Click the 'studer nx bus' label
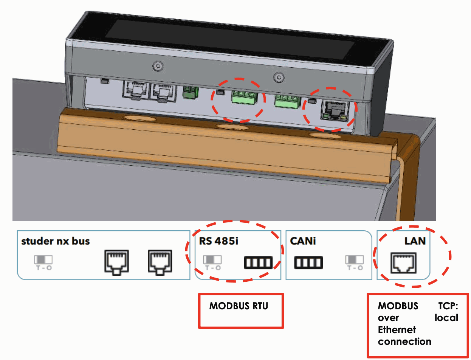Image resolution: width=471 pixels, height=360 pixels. pyautogui.click(x=56, y=241)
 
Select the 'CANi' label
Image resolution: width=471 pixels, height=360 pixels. pyautogui.click(x=303, y=241)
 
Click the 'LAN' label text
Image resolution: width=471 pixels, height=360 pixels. pyautogui.click(x=415, y=241)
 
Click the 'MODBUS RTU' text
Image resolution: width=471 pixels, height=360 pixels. pyautogui.click(x=239, y=306)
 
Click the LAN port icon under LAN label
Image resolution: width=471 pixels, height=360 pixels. pyautogui.click(x=403, y=262)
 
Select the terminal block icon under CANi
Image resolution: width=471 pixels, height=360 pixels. pyautogui.click(x=308, y=262)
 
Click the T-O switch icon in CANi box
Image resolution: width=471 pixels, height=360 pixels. pyautogui.click(x=354, y=262)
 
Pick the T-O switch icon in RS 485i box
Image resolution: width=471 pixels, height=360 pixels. pyautogui.click(x=212, y=262)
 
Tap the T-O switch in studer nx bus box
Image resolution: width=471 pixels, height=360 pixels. pyautogui.click(x=43, y=262)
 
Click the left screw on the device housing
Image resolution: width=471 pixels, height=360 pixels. pyautogui.click(x=157, y=67)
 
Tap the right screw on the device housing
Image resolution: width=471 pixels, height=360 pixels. pyautogui.click(x=279, y=77)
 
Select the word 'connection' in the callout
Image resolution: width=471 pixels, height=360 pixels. pyautogui.click(x=404, y=342)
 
